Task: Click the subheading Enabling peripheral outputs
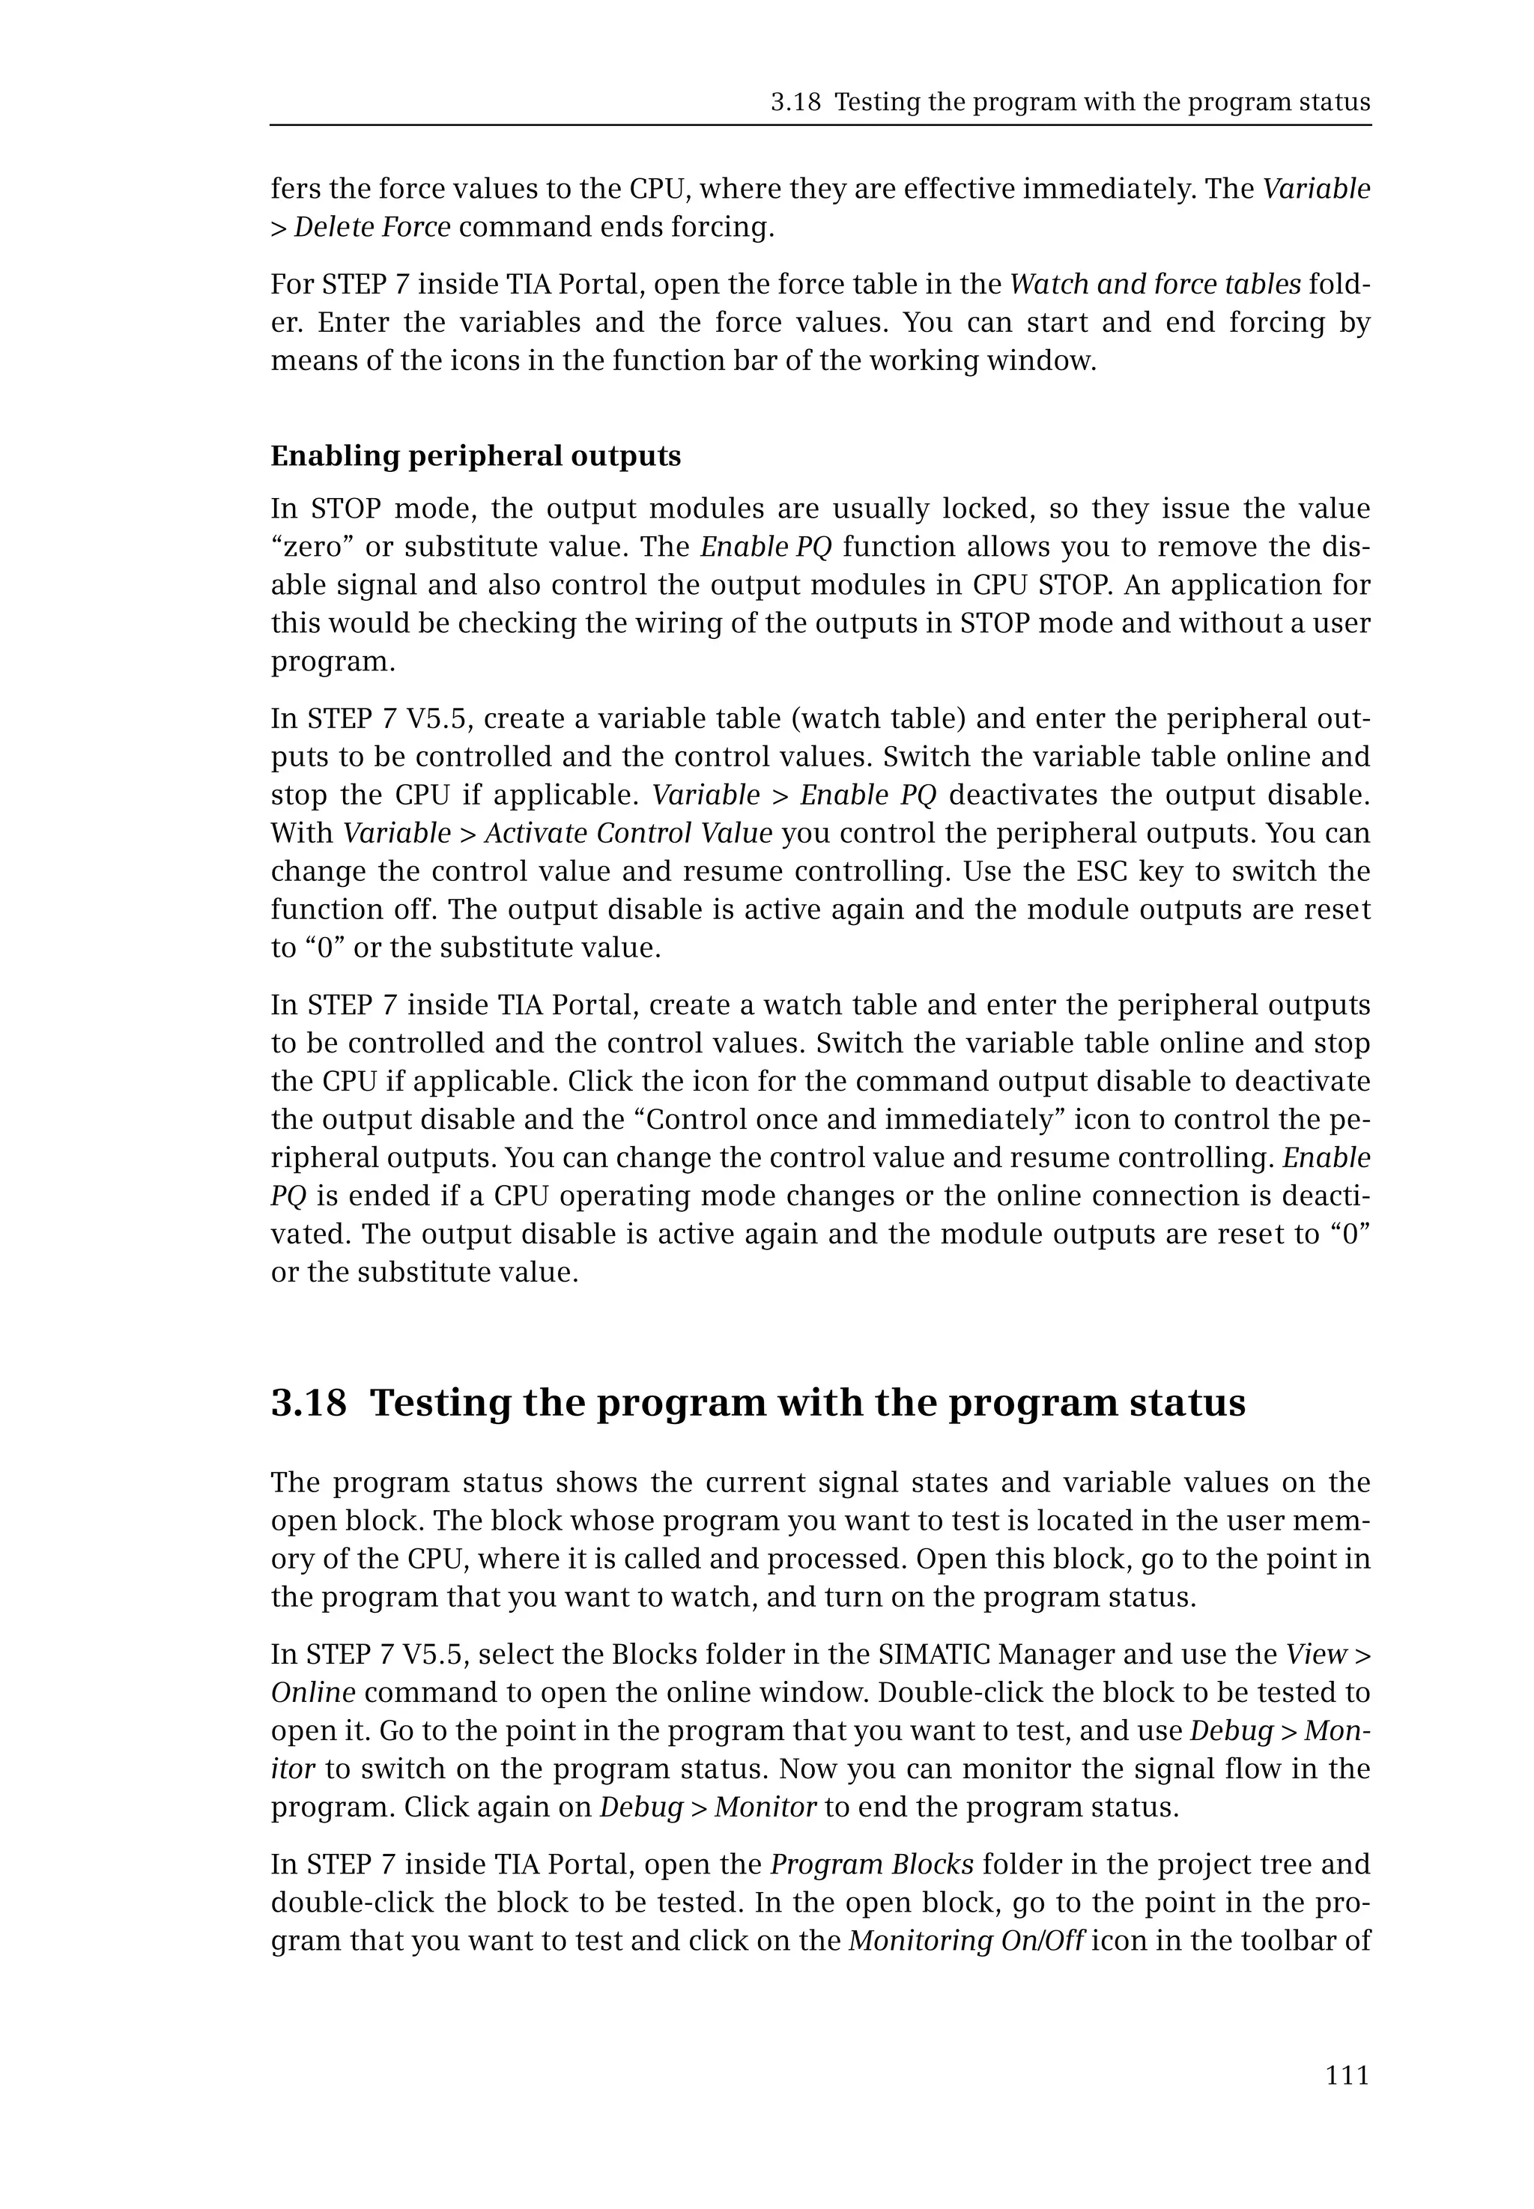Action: point(475,455)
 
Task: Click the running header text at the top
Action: point(1070,102)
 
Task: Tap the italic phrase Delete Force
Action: point(372,227)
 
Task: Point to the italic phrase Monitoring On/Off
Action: point(966,1941)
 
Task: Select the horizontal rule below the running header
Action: point(820,125)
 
